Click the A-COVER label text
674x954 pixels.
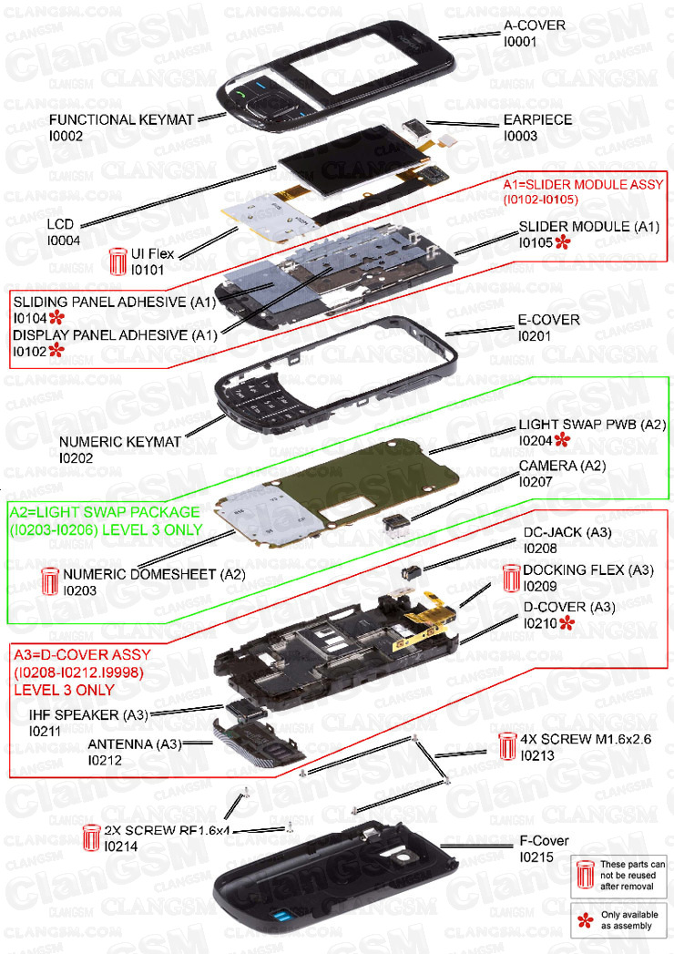click(535, 26)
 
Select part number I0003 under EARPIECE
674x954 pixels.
click(520, 136)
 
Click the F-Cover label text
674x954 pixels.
click(544, 840)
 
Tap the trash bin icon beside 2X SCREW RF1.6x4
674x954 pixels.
click(92, 837)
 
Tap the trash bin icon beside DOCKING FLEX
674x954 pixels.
click(511, 578)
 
